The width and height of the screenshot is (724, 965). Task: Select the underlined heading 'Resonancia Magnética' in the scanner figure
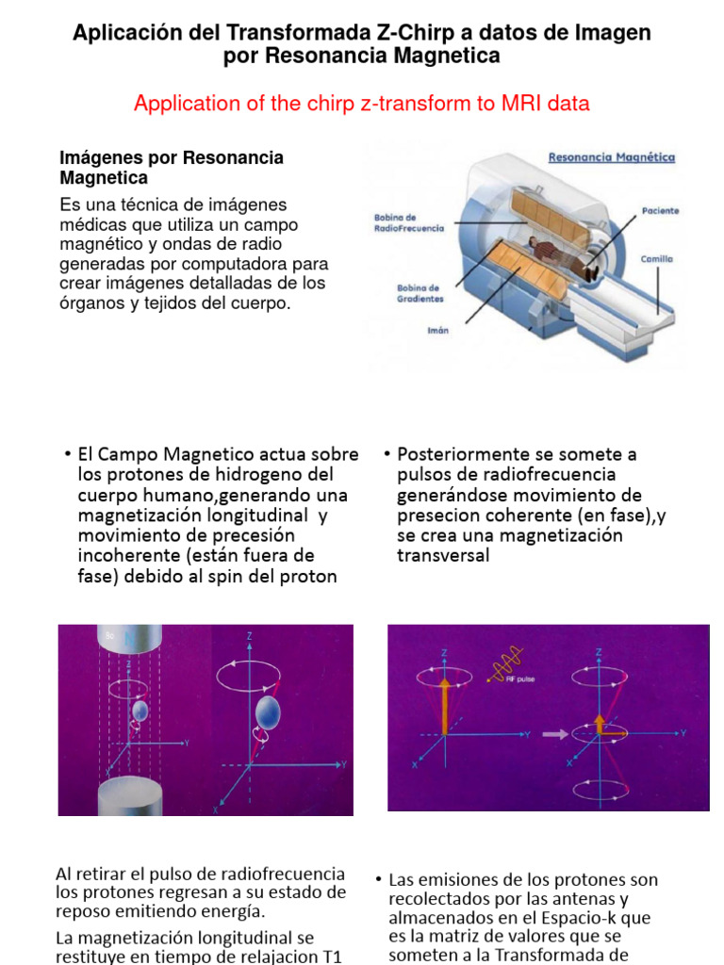pyautogui.click(x=611, y=157)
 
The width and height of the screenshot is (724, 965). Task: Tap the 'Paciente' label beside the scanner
pyautogui.click(x=660, y=211)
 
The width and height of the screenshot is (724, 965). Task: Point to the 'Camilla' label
pyautogui.click(x=657, y=258)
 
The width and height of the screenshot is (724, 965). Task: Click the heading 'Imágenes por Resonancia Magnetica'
pyautogui.click(x=172, y=168)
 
